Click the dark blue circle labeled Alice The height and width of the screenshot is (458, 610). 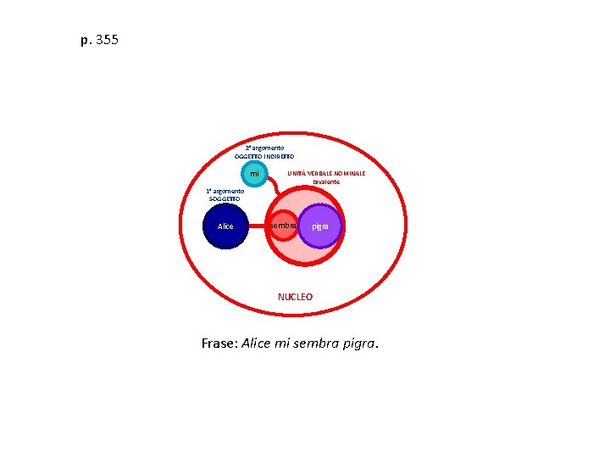[225, 226]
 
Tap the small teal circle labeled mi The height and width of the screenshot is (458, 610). [253, 174]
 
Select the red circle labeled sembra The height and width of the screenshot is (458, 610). [283, 226]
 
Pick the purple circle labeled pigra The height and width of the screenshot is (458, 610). [320, 226]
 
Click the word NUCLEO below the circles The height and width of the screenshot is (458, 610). [295, 297]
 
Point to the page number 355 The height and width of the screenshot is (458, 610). [108, 40]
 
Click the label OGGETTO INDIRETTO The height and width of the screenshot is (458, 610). [264, 157]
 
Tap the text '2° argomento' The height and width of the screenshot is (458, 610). [264, 148]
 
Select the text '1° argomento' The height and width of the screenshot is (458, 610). [225, 191]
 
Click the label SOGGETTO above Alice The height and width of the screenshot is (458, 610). [225, 198]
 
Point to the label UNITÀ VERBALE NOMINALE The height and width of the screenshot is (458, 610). [326, 173]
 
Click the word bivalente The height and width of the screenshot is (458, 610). [326, 182]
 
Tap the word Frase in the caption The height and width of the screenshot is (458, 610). [219, 343]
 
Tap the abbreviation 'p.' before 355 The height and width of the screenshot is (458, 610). [86, 40]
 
